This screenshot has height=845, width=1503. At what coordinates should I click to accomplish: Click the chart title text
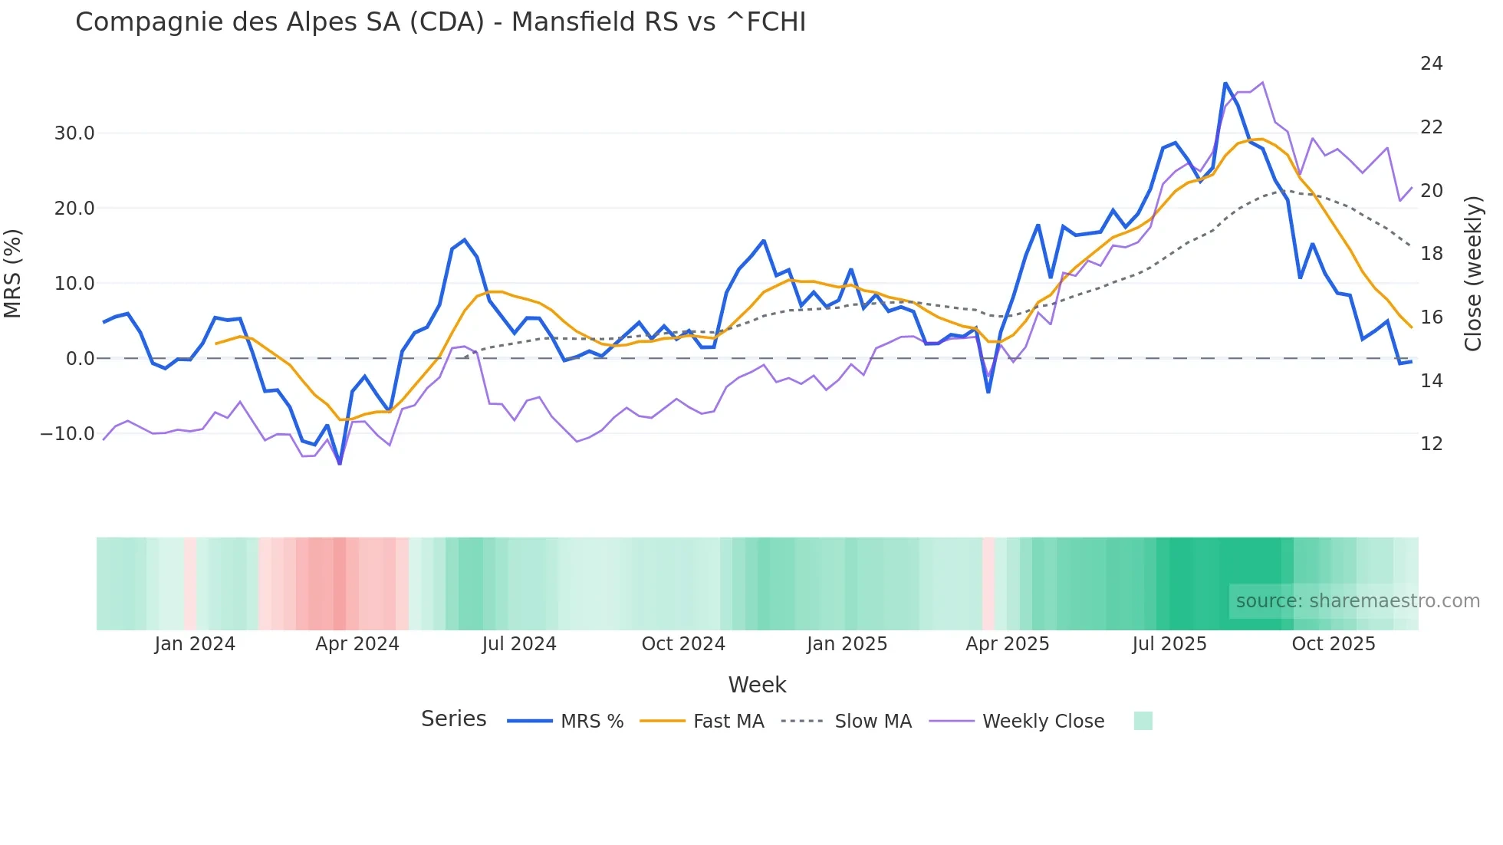(440, 22)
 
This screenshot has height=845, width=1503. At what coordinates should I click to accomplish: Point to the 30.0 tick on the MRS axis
(74, 133)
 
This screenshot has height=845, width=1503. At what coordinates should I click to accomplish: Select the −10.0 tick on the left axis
(67, 434)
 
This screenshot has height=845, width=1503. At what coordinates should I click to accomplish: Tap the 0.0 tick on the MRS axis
(80, 359)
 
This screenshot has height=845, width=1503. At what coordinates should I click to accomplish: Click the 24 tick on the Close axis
(1431, 64)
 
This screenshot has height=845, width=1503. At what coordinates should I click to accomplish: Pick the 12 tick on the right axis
(1431, 444)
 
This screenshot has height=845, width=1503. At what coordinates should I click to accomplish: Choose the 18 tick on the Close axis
(1431, 254)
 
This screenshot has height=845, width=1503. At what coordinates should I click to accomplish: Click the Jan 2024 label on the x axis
(195, 644)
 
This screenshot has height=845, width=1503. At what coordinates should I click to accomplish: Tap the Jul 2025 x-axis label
(1169, 644)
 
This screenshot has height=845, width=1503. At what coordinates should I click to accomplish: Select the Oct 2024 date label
(683, 644)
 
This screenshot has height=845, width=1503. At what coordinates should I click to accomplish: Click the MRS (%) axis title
(13, 274)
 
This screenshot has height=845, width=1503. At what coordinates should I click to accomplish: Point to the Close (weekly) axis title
(1472, 274)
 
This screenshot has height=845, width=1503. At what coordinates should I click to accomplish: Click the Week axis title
(757, 685)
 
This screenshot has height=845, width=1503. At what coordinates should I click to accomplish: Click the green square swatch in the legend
(1143, 721)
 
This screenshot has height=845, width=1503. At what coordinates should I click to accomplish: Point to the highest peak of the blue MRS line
(1225, 84)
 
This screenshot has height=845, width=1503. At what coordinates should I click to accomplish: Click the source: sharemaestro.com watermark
(1357, 601)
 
